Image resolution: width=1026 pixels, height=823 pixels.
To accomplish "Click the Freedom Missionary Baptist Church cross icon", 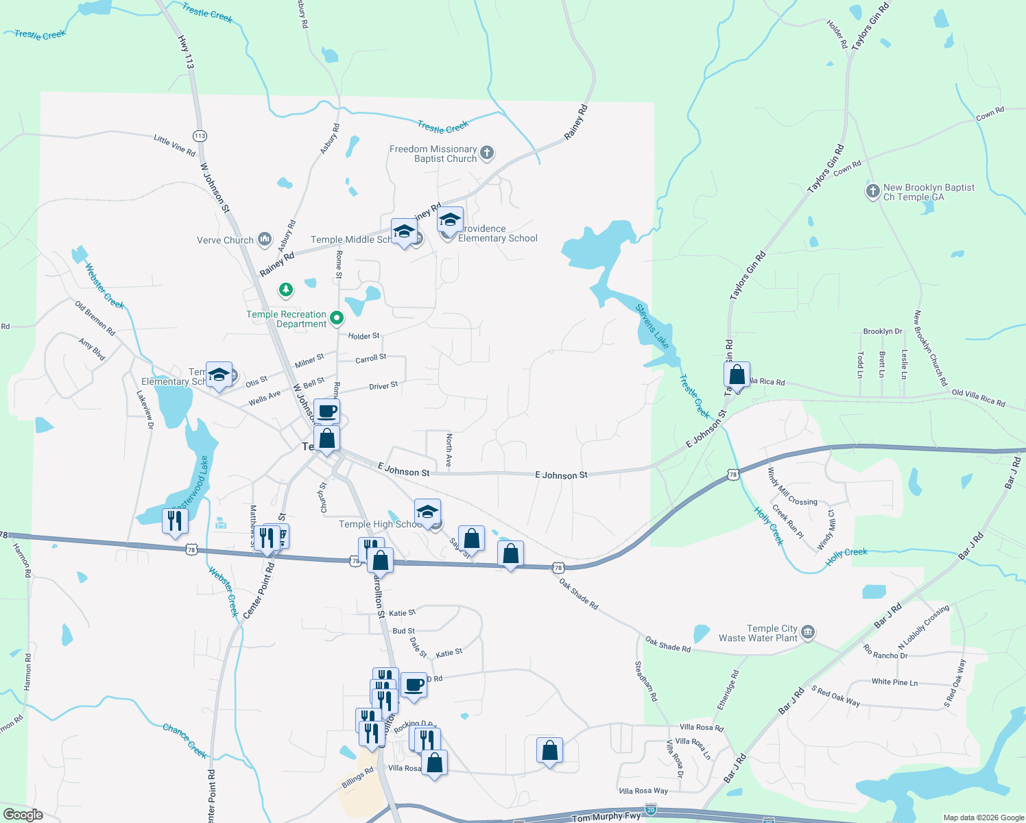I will pos(487,153).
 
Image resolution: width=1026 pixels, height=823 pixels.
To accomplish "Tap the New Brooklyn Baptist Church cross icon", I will pos(872,191).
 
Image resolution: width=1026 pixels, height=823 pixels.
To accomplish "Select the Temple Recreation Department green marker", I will pos(337,318).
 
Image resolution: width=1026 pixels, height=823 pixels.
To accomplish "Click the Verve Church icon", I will pos(265,240).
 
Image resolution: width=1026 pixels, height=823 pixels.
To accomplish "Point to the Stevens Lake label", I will pos(652,326).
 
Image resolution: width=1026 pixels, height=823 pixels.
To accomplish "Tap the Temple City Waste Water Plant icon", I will pos(808,632).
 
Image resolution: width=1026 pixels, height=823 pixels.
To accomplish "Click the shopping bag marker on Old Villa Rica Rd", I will pos(737,375).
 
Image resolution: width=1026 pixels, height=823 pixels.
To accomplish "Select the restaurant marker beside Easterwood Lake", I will pos(175,521).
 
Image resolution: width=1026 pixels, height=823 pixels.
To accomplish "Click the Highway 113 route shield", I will pos(200,136).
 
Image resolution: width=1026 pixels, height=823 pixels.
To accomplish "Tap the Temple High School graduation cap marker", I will pos(427,512).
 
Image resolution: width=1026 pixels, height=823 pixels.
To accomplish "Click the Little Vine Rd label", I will pos(174,145).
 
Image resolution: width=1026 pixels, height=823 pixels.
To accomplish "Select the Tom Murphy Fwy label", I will pos(606,817).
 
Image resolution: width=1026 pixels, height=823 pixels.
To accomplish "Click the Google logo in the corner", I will pos(23,814).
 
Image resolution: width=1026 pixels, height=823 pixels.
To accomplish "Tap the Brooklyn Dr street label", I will pos(883,331).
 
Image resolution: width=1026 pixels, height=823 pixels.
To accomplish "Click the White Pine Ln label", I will pos(894,682).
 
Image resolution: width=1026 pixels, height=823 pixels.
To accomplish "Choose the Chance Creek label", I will pos(184,740).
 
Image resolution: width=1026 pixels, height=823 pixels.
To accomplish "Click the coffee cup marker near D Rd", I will pos(414,684).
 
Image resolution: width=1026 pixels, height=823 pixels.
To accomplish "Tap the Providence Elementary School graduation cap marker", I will pos(450,220).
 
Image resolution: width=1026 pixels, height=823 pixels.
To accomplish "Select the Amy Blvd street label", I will pos(92,349).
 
